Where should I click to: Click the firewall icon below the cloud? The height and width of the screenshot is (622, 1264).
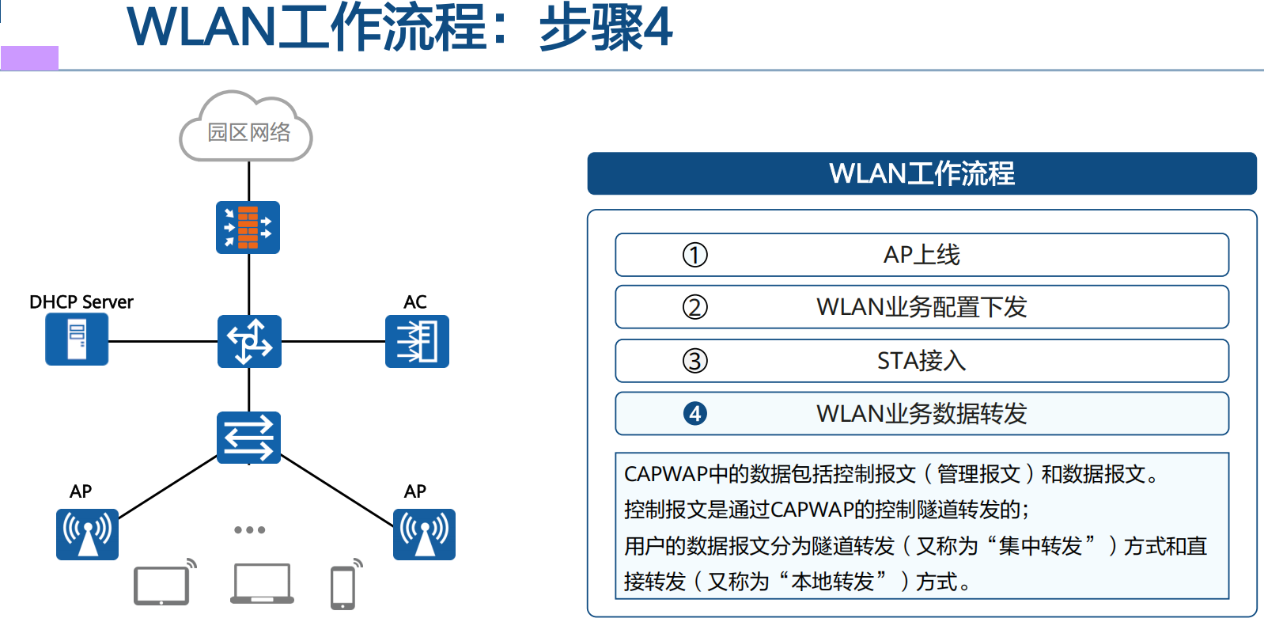point(248,227)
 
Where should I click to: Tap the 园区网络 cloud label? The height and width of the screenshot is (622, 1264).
point(248,132)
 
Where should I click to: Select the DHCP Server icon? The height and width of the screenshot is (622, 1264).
point(77,339)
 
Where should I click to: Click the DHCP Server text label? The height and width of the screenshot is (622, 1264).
point(81,302)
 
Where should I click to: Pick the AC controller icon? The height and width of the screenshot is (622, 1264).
point(417,341)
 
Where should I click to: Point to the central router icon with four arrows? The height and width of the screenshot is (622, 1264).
point(249,341)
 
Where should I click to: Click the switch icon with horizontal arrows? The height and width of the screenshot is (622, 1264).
point(248,437)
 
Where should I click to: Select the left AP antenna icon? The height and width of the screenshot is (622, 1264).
point(87,534)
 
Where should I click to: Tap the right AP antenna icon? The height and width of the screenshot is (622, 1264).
point(424,534)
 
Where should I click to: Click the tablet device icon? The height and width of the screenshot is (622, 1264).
point(163,585)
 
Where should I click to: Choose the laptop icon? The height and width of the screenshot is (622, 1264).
point(262,584)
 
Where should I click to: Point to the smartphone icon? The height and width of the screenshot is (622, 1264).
point(343,587)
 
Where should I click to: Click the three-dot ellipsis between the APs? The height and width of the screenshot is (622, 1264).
point(249,529)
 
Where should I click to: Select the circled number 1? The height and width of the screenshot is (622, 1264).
point(694,255)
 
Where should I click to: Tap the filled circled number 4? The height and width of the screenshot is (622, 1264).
point(694,413)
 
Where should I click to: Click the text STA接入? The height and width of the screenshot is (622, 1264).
point(922,361)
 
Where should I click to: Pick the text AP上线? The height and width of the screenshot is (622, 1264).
point(922,255)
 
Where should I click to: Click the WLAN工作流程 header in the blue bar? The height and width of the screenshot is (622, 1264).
point(922,173)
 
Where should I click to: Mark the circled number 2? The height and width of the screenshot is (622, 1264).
point(694,307)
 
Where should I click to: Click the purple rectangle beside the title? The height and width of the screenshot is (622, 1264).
point(29,58)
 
